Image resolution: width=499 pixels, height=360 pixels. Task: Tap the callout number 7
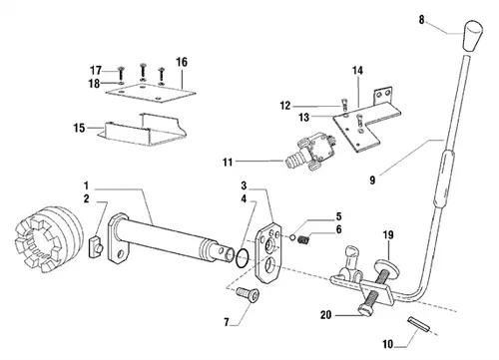pyautogui.click(x=227, y=322)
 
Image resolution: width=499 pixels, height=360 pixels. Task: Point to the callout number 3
pyautogui.click(x=244, y=185)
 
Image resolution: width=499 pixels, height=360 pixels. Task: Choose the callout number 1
pyautogui.click(x=87, y=185)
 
